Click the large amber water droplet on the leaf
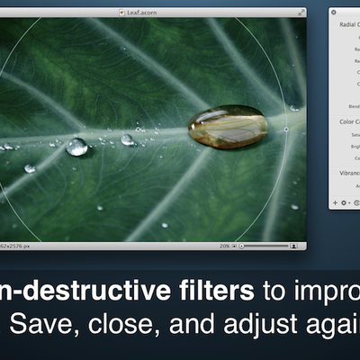tap(227, 126)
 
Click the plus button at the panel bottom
tap(336, 203)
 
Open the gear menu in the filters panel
tap(346, 203)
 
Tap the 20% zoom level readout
tap(224, 246)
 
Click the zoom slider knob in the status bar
tap(242, 246)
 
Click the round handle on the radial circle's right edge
tap(286, 129)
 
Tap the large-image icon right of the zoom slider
tap(293, 246)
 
